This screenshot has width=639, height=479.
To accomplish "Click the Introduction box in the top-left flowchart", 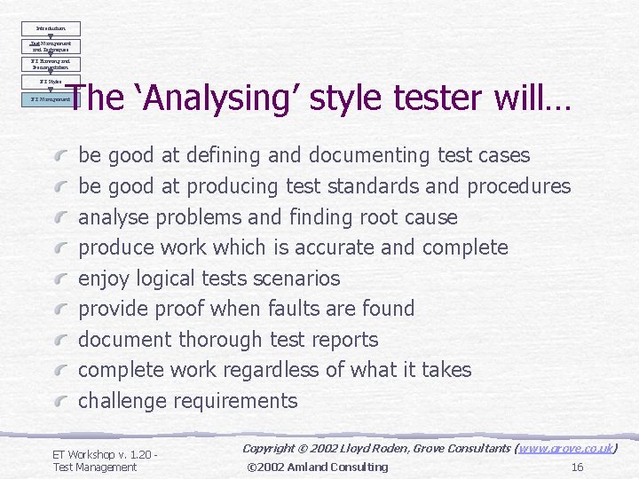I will tap(52, 28).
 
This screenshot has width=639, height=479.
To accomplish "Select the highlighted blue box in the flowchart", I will tap(52, 99).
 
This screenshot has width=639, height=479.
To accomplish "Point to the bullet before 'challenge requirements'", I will tap(60, 401).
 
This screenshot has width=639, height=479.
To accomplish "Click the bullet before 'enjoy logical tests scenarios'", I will tap(60, 279).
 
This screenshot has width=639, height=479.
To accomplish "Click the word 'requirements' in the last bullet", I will tap(236, 401).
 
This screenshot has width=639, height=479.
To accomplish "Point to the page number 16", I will tap(577, 467).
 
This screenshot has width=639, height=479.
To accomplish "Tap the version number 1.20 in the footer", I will tap(142, 454).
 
